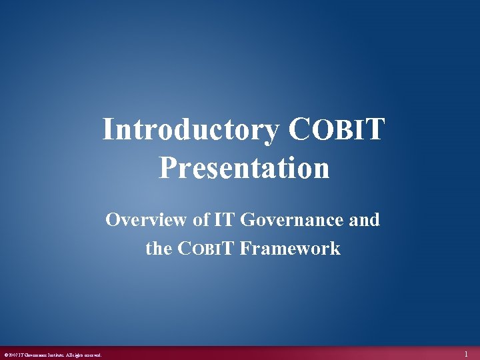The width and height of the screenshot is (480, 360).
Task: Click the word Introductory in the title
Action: [191, 131]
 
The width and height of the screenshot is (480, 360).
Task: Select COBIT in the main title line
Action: [336, 130]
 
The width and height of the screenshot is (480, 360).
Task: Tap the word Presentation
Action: [244, 168]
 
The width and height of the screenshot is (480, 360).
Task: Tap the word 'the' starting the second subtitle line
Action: [159, 249]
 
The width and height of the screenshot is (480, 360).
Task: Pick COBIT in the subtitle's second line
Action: [205, 249]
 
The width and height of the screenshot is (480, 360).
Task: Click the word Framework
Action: [290, 249]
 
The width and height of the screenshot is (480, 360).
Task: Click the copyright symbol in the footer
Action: [5, 355]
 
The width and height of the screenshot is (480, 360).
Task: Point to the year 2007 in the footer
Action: [13, 355]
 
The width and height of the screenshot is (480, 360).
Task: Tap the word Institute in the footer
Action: [55, 355]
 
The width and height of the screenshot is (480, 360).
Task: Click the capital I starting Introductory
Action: [107, 131]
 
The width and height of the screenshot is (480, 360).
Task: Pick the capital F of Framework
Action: [245, 249]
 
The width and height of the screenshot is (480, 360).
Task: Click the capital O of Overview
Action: [113, 219]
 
